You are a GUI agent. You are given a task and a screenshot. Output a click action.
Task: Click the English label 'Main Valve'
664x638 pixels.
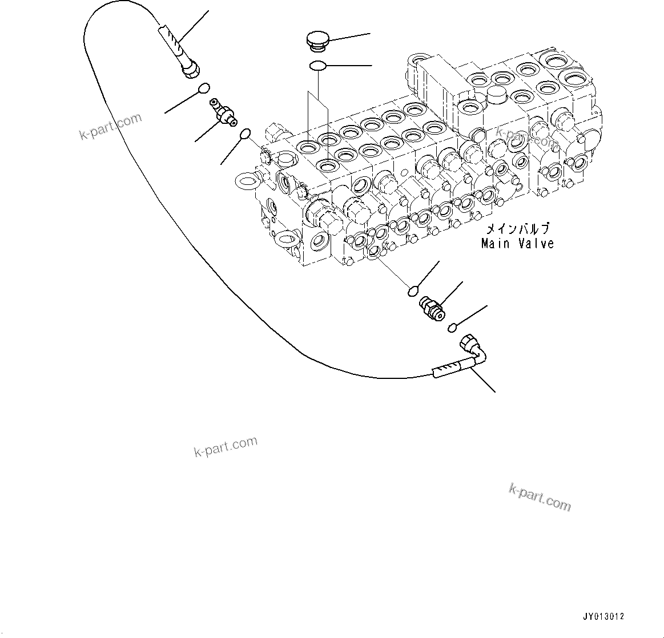coord(517,244)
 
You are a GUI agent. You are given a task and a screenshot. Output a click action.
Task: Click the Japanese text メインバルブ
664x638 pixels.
coord(517,229)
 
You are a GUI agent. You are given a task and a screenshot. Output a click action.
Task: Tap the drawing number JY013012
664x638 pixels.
coord(603,617)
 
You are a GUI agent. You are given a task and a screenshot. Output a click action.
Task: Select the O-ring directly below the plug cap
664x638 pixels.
coord(318,66)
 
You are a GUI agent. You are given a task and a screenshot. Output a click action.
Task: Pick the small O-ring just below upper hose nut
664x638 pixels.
coord(203,88)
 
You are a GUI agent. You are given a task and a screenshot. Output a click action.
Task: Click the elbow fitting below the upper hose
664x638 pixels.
coord(223,112)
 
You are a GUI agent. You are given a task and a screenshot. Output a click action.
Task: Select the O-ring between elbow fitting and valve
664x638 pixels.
coord(244,134)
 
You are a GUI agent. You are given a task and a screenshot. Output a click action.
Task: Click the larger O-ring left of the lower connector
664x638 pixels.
coord(415,292)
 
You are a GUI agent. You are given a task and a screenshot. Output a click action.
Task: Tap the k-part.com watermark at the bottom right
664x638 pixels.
coord(539,497)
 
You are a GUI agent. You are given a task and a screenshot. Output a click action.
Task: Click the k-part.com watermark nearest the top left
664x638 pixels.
coord(110,127)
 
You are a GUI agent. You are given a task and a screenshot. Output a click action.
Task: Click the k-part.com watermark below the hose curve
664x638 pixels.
coord(226,446)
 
